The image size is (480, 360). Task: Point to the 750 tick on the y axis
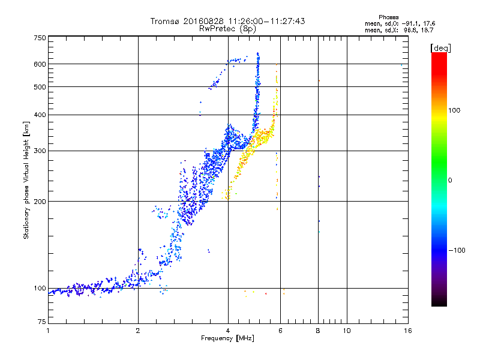click(40, 38)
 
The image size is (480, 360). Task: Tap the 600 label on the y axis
click(40, 64)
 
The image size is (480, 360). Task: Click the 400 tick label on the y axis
click(40, 115)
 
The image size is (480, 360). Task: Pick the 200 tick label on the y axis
click(40, 202)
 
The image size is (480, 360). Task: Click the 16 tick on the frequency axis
click(408, 331)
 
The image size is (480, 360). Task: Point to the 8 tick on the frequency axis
click(319, 331)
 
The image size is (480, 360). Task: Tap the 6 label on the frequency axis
click(281, 331)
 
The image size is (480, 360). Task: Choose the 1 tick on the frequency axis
click(48, 331)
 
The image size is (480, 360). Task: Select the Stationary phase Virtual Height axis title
click(26, 180)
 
